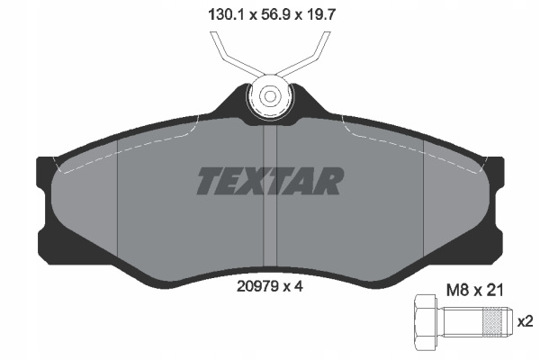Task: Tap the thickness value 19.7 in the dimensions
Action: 320,14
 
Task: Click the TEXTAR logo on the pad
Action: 270,181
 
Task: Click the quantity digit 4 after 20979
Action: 298,286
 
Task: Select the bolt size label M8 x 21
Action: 475,290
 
